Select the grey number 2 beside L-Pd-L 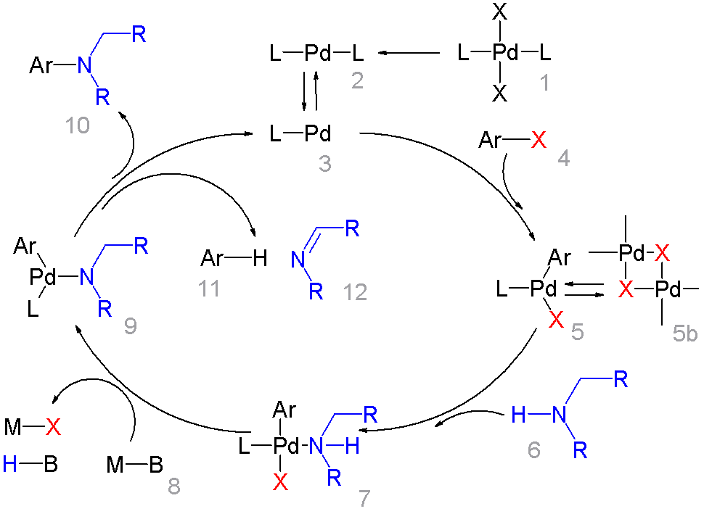358,80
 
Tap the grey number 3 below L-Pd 324,164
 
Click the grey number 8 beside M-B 174,486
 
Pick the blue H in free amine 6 516,414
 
